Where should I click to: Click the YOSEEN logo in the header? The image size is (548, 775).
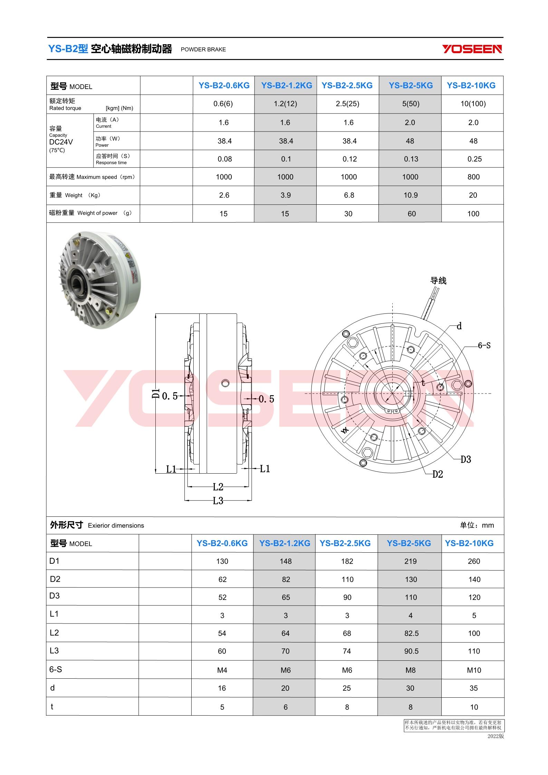472,49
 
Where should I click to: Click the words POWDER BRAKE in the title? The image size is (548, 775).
203,49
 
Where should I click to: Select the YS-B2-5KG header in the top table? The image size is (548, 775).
411,85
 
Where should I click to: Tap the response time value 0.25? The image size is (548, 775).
473,159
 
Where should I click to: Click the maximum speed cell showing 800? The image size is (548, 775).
473,177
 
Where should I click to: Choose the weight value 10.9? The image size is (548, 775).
411,195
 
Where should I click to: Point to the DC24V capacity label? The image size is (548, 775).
61,142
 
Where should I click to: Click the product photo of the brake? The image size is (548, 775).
99,280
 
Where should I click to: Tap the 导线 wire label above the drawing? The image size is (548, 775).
438,281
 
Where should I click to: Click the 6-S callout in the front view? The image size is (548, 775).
484,346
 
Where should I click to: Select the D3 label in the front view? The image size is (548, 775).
465,459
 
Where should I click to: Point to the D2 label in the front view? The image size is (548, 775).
438,474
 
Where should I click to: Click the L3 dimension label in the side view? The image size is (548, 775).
218,501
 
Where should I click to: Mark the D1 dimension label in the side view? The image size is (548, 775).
156,394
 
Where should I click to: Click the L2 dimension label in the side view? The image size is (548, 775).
218,487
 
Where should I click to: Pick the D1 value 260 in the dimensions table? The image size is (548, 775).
474,561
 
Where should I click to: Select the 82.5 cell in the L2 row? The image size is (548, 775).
411,633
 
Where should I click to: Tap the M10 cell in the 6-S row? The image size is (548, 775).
474,670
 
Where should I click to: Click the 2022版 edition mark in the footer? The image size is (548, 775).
496,736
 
